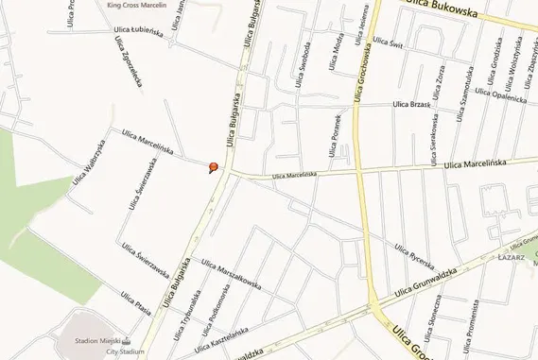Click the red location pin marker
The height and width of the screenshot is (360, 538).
(214, 168)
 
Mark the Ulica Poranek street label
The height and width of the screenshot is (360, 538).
(333, 138)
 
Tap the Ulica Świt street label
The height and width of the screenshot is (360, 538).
(389, 42)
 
